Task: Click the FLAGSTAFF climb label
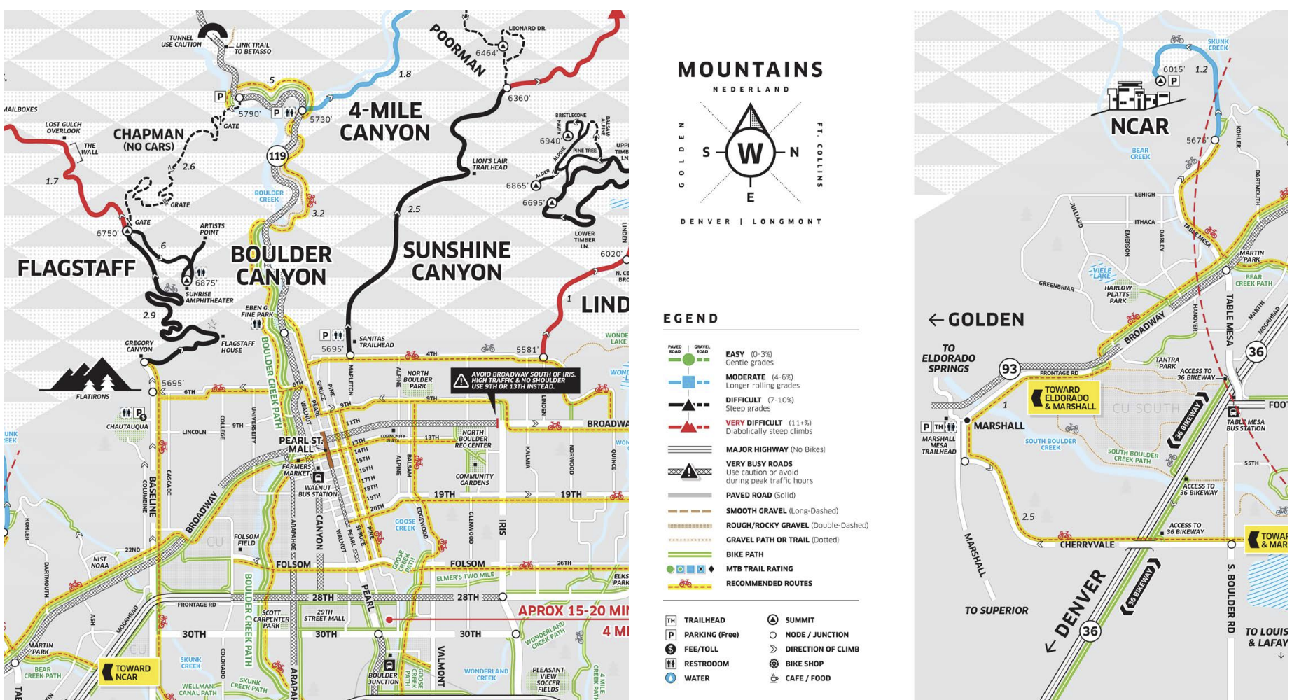pos(76,268)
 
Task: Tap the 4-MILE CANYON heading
pos(385,121)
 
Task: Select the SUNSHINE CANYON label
pos(457,261)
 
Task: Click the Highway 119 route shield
pos(277,155)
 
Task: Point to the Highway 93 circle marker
pos(1009,369)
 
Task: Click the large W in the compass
pos(750,153)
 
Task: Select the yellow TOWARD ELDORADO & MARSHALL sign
pos(1064,398)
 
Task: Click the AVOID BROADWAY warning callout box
pos(515,380)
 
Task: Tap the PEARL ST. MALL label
pos(301,444)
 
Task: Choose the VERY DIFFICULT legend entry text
pos(768,423)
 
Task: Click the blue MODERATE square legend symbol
pos(688,382)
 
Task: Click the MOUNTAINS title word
pos(750,70)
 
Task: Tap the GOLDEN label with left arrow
pos(976,320)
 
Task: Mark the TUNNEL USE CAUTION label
pos(181,41)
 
